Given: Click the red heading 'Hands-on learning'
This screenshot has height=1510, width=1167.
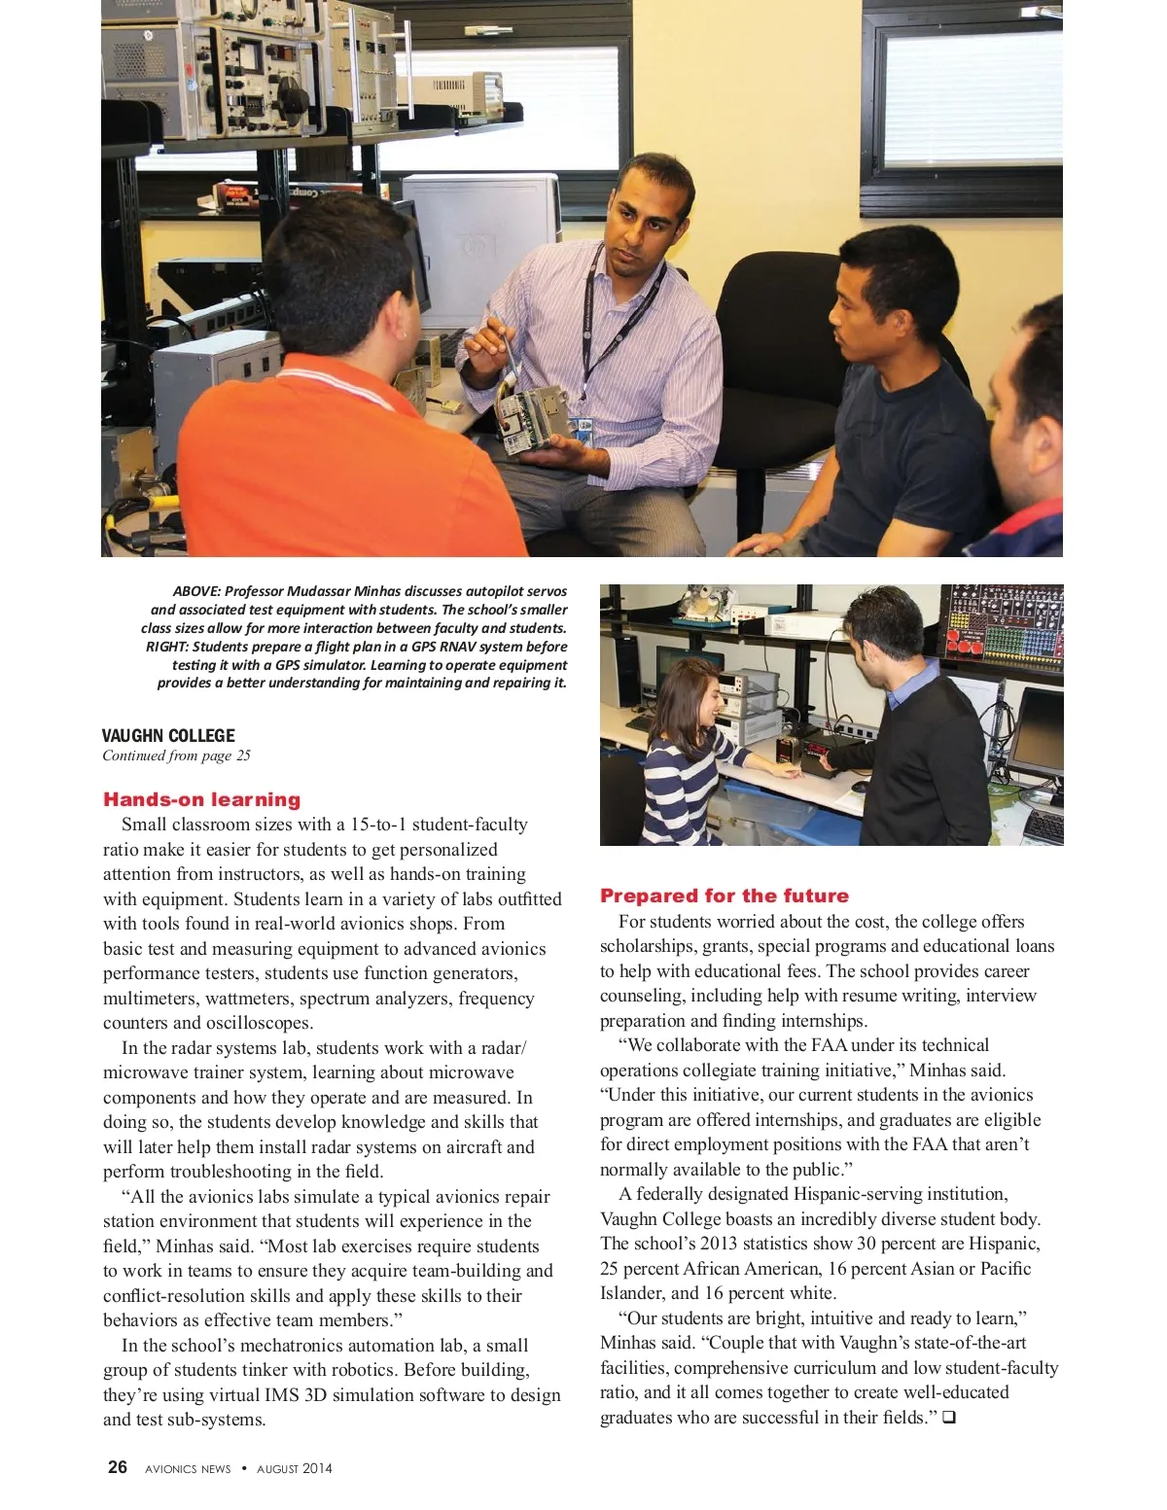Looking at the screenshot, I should pos(201,799).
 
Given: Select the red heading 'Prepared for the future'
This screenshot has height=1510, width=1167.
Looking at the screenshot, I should pos(724,895).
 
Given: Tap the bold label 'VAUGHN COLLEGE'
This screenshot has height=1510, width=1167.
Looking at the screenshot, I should pos(168,736).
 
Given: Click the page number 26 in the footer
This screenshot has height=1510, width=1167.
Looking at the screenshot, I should pos(118,1467).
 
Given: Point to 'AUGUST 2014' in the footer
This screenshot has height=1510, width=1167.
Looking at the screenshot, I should pos(295,1469).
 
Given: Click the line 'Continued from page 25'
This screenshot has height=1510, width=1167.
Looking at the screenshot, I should pos(176,755).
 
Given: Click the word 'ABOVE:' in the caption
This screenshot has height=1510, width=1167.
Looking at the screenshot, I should pos(196,591).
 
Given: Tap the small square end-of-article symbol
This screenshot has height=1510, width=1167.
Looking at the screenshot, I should pos(948,1418).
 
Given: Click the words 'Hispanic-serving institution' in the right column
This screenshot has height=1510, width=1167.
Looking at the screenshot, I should pos(901,1194).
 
